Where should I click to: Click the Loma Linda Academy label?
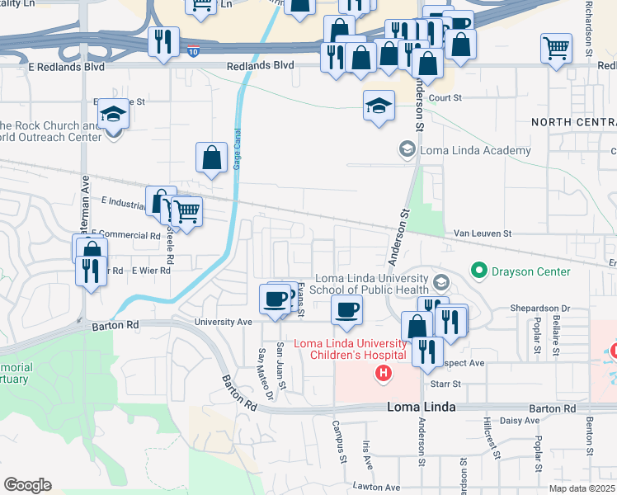[x=475, y=150]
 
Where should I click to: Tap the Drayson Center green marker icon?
[x=478, y=271]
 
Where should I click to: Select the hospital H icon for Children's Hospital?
[x=383, y=374]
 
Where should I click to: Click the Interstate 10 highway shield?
[x=191, y=50]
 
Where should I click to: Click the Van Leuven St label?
[x=483, y=233]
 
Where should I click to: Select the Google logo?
[x=27, y=485]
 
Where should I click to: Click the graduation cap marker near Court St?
[x=379, y=106]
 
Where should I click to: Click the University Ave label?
[x=223, y=322]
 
